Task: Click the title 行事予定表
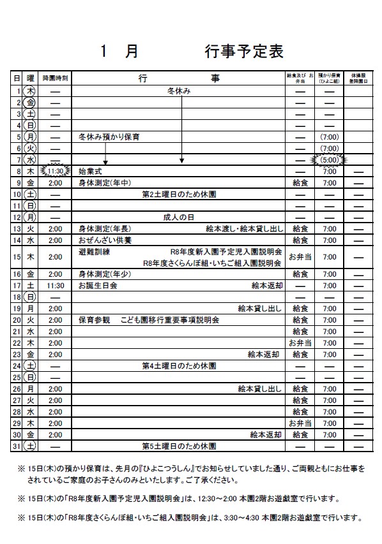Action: tap(244, 52)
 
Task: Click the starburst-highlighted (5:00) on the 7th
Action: tap(329, 159)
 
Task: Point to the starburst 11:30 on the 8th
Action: tap(56, 172)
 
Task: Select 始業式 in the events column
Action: tap(90, 172)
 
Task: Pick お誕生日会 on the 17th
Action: tap(98, 286)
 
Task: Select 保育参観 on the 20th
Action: tap(95, 320)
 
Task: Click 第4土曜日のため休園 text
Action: tap(179, 366)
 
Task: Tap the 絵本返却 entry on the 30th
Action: tap(265, 434)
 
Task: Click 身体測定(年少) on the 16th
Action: tap(105, 274)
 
